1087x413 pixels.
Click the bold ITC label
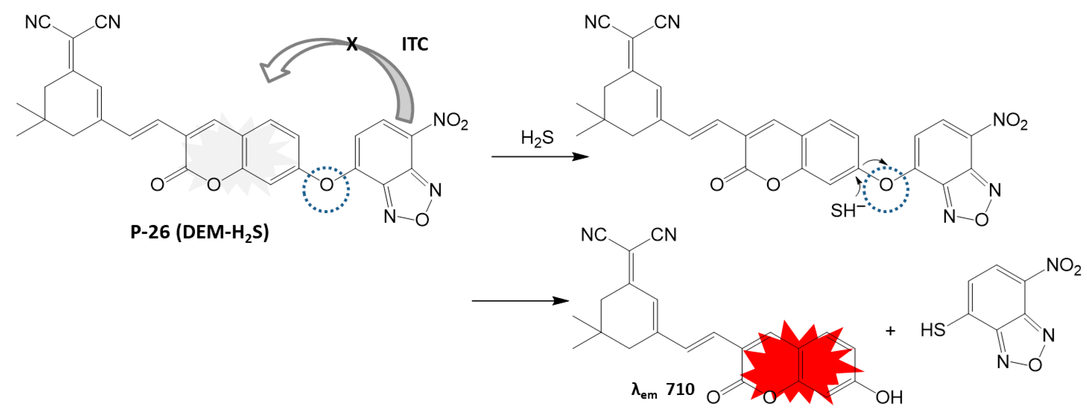[415, 44]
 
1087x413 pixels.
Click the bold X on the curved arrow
[352, 43]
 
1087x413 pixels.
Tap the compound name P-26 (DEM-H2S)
[199, 233]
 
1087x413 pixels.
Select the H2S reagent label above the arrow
[537, 138]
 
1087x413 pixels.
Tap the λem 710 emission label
[663, 389]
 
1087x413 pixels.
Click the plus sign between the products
[890, 331]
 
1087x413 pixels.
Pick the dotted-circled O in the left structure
[326, 184]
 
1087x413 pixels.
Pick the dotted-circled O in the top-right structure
[886, 184]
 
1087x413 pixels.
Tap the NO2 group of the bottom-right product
[1064, 266]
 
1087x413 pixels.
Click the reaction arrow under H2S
[540, 157]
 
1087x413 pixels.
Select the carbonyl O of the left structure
[157, 184]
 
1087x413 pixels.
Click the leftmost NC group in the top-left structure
[38, 22]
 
